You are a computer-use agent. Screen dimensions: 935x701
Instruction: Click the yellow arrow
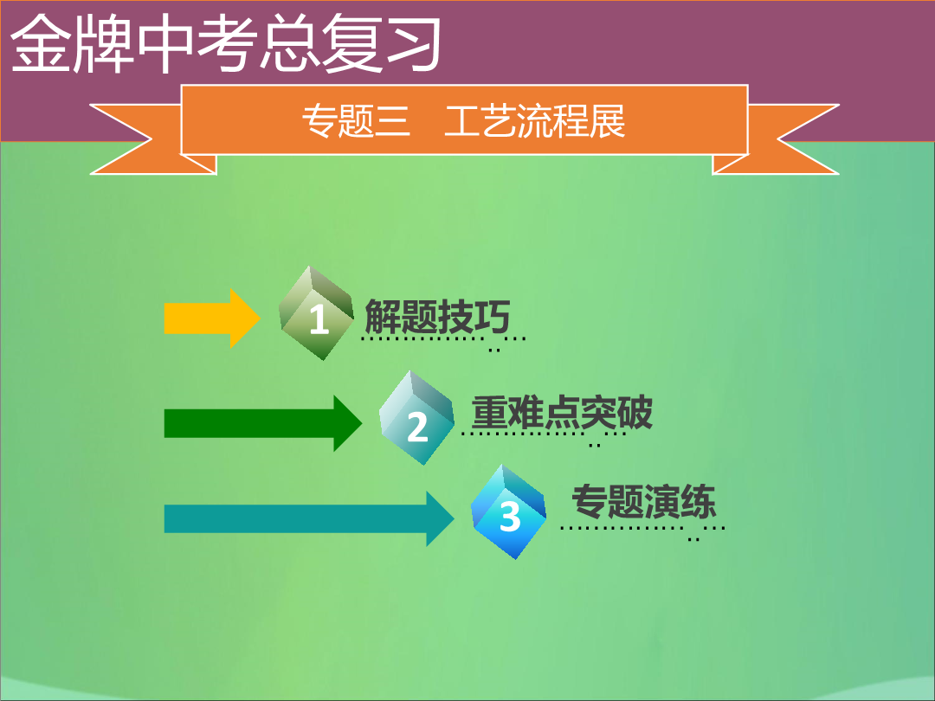[212, 318]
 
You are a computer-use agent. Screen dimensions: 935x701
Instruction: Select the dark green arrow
[263, 423]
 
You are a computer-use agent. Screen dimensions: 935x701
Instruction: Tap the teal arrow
[309, 518]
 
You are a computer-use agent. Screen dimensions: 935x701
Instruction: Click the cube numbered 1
[317, 313]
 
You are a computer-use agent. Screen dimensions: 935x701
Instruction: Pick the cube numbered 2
[416, 418]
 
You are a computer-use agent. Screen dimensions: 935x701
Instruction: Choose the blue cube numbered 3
[509, 512]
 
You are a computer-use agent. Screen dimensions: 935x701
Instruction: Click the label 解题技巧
[437, 317]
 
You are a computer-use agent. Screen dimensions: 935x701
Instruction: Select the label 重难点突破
[562, 412]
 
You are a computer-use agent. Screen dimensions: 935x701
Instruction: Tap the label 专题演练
[643, 501]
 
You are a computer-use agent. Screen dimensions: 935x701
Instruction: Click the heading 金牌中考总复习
[226, 43]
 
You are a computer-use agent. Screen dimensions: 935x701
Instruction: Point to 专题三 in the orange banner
[356, 121]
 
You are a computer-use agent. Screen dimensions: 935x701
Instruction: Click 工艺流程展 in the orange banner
[535, 121]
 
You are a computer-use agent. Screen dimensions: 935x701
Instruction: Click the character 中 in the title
[164, 43]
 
